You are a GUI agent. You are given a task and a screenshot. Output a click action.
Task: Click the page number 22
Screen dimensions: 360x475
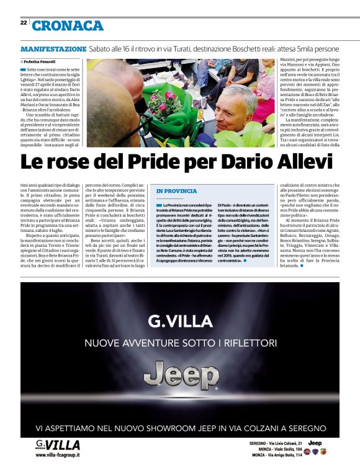[x=24, y=22]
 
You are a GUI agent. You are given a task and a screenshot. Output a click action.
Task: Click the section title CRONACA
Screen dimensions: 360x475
[x=68, y=25]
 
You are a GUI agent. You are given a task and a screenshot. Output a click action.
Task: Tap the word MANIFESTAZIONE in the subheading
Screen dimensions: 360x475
[x=53, y=48]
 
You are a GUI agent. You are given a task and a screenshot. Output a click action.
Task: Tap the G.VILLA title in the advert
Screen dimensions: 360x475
[x=180, y=321]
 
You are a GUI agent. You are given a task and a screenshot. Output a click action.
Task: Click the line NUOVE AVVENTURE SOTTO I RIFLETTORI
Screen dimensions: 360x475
[x=180, y=342]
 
